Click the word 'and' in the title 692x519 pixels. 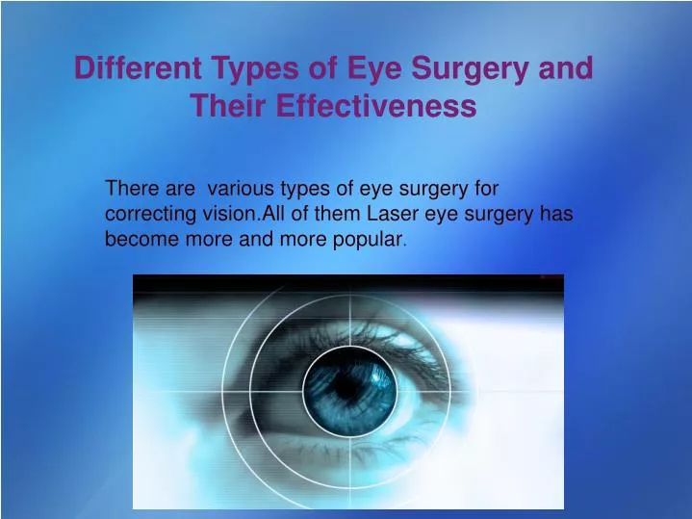pyautogui.click(x=569, y=69)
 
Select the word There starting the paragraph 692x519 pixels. pyautogui.click(x=130, y=189)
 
